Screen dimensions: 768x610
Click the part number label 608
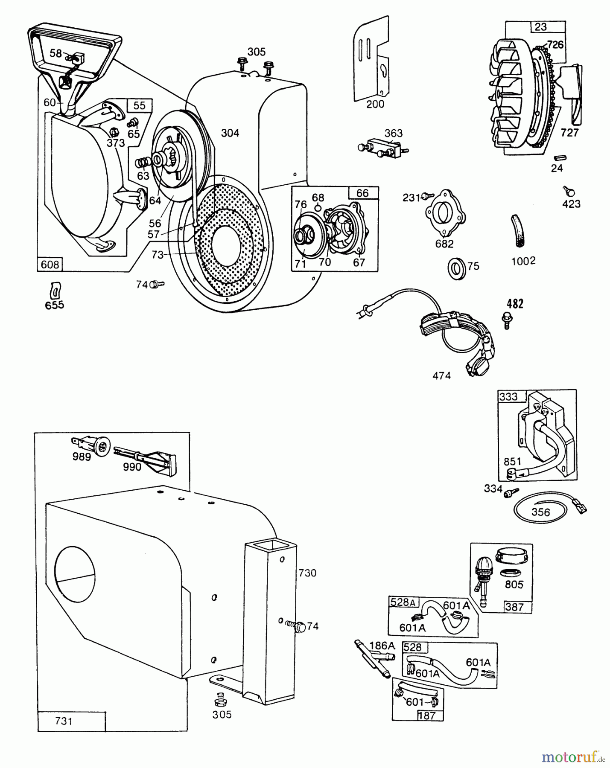point(50,265)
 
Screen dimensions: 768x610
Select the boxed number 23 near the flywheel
point(540,27)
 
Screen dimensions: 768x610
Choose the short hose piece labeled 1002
point(516,232)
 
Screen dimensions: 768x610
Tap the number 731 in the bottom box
point(64,721)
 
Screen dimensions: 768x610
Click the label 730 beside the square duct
point(307,573)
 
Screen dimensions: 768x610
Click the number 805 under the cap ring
point(514,584)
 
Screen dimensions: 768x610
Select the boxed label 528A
point(403,602)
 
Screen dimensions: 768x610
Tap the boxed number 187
point(426,716)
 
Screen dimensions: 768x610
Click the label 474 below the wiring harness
point(441,375)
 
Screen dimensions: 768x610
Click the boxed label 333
point(508,396)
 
